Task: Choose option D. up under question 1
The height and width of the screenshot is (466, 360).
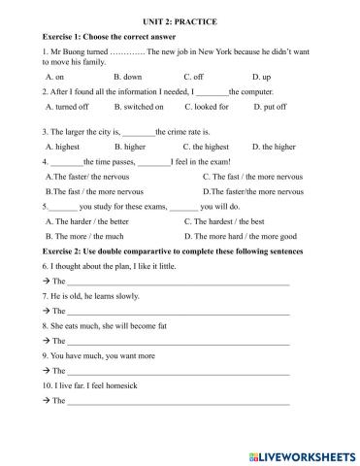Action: pos(262,75)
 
